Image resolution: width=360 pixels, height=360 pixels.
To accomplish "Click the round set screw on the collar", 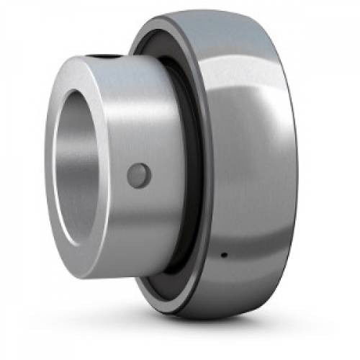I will click(x=139, y=175).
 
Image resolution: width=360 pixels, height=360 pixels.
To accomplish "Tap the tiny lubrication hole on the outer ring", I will click(x=224, y=254).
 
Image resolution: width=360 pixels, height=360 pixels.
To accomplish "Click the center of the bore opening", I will click(x=81, y=167).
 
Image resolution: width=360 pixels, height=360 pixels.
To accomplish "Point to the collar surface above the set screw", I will click(x=140, y=115).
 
